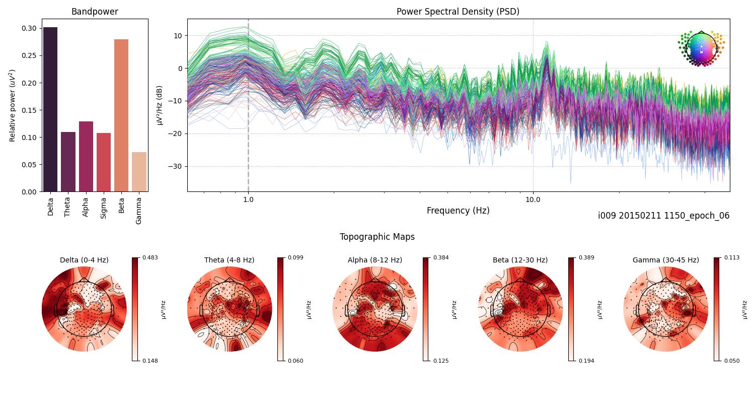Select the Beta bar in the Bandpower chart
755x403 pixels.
click(x=121, y=115)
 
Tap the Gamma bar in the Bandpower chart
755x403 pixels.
click(x=139, y=172)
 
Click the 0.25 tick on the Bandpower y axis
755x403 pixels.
click(x=29, y=55)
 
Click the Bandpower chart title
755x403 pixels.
click(x=95, y=12)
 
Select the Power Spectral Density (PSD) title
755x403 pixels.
click(x=458, y=12)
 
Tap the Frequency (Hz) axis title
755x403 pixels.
click(x=458, y=211)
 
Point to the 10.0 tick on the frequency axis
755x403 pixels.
click(x=533, y=199)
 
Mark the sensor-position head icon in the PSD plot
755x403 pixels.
click(x=701, y=49)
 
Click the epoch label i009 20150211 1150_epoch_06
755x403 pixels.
click(x=663, y=216)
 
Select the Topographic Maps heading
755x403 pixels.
click(x=377, y=237)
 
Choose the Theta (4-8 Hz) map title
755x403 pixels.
click(x=229, y=260)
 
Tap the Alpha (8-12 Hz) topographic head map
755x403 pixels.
click(x=375, y=309)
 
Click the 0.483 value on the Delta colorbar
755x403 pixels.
click(x=149, y=257)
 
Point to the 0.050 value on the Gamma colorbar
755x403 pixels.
click(x=731, y=361)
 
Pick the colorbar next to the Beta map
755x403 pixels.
click(x=571, y=309)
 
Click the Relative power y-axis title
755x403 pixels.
click(x=13, y=105)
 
